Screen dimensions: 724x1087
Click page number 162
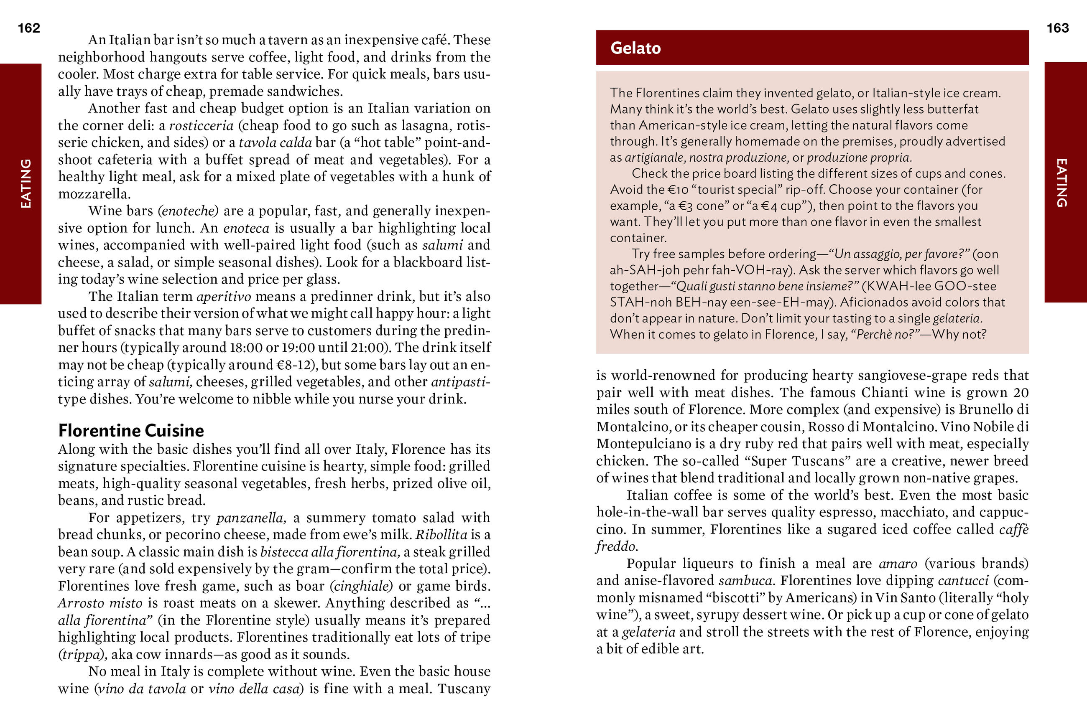pyautogui.click(x=29, y=28)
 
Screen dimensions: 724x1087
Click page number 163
pyautogui.click(x=1057, y=28)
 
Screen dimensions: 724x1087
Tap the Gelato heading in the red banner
pyautogui.click(x=635, y=48)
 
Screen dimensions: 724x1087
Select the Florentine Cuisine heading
pyautogui.click(x=131, y=430)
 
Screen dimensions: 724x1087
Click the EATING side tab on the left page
pyautogui.click(x=26, y=183)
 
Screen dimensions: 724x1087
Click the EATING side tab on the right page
pyautogui.click(x=1061, y=183)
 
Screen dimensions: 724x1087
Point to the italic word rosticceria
pyautogui.click(x=202, y=126)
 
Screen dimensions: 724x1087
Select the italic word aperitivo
pyautogui.click(x=224, y=297)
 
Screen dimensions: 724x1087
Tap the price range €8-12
pyautogui.click(x=296, y=365)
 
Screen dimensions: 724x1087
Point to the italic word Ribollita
pyautogui.click(x=441, y=535)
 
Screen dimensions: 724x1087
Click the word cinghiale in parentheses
pyautogui.click(x=361, y=586)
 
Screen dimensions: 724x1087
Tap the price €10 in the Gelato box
pyautogui.click(x=679, y=190)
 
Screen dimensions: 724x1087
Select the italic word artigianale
pyautogui.click(x=655, y=158)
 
